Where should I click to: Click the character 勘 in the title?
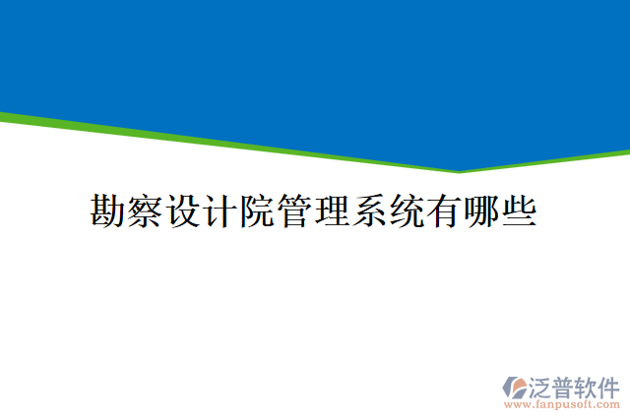pos(109,210)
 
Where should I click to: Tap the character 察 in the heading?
pos(147,210)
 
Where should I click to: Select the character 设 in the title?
pos(184,210)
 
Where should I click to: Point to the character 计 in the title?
pos(221,210)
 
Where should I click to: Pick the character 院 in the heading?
pos(259,210)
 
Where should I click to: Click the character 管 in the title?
pos(296,210)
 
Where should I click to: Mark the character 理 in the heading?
pos(334,210)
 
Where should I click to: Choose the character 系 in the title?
pos(371,210)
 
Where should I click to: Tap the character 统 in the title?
pos(409,210)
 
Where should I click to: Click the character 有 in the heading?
pos(446,210)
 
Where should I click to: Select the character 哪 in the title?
pos(483,210)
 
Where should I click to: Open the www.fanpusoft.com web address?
pos(561,404)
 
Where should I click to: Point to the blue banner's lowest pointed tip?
pos(459,168)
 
